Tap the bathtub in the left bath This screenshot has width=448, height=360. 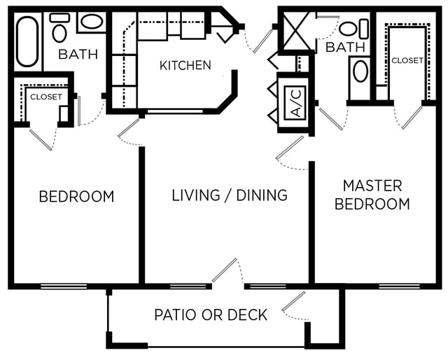click(27, 42)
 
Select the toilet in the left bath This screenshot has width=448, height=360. click(59, 27)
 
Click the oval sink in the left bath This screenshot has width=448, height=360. click(92, 22)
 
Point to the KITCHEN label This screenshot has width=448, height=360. click(185, 65)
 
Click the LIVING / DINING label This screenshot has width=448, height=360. click(230, 195)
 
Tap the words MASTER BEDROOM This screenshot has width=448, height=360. click(372, 195)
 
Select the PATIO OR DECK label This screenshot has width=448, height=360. click(211, 314)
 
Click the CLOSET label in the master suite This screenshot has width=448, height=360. click(407, 60)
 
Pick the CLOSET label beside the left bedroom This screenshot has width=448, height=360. click(46, 97)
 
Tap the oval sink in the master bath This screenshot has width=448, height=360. click(360, 71)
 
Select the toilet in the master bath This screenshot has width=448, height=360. click(353, 29)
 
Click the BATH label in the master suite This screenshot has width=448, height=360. click(345, 47)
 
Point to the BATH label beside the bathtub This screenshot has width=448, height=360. click(78, 55)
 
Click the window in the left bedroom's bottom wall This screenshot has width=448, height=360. click(64, 286)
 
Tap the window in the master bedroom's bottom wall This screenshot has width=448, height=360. click(400, 286)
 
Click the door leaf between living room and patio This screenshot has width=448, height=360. click(224, 270)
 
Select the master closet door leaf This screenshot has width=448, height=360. click(412, 118)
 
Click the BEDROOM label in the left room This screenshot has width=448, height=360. click(76, 196)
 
